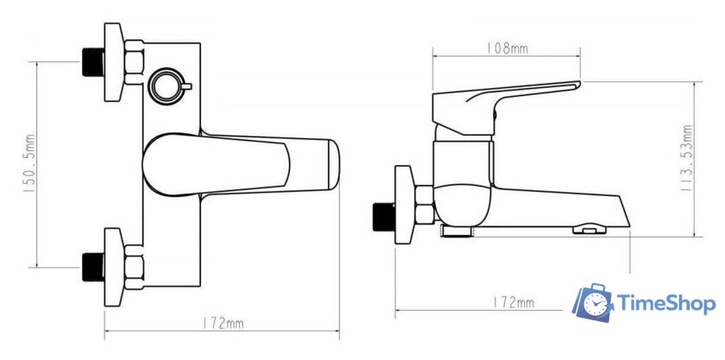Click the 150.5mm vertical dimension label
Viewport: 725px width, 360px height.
tap(30, 164)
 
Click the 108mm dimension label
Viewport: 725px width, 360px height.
tap(507, 48)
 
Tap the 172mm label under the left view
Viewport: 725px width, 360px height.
tap(223, 324)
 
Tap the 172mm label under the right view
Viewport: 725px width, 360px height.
tap(513, 303)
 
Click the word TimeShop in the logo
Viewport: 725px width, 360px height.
tap(666, 305)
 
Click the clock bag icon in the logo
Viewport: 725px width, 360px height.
tap(594, 304)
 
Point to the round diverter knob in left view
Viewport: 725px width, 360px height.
tap(168, 86)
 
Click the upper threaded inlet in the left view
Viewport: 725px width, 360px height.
tap(93, 62)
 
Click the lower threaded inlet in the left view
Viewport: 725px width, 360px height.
tap(93, 268)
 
